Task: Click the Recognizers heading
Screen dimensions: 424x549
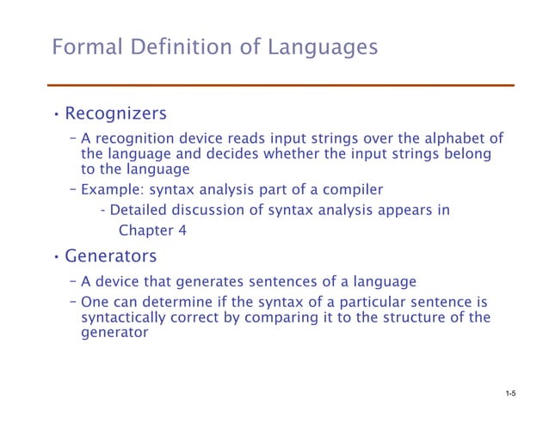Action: (115, 114)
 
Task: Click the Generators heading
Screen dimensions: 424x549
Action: (111, 256)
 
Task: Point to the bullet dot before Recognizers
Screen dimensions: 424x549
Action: (55, 114)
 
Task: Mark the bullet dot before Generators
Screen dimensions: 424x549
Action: (55, 257)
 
